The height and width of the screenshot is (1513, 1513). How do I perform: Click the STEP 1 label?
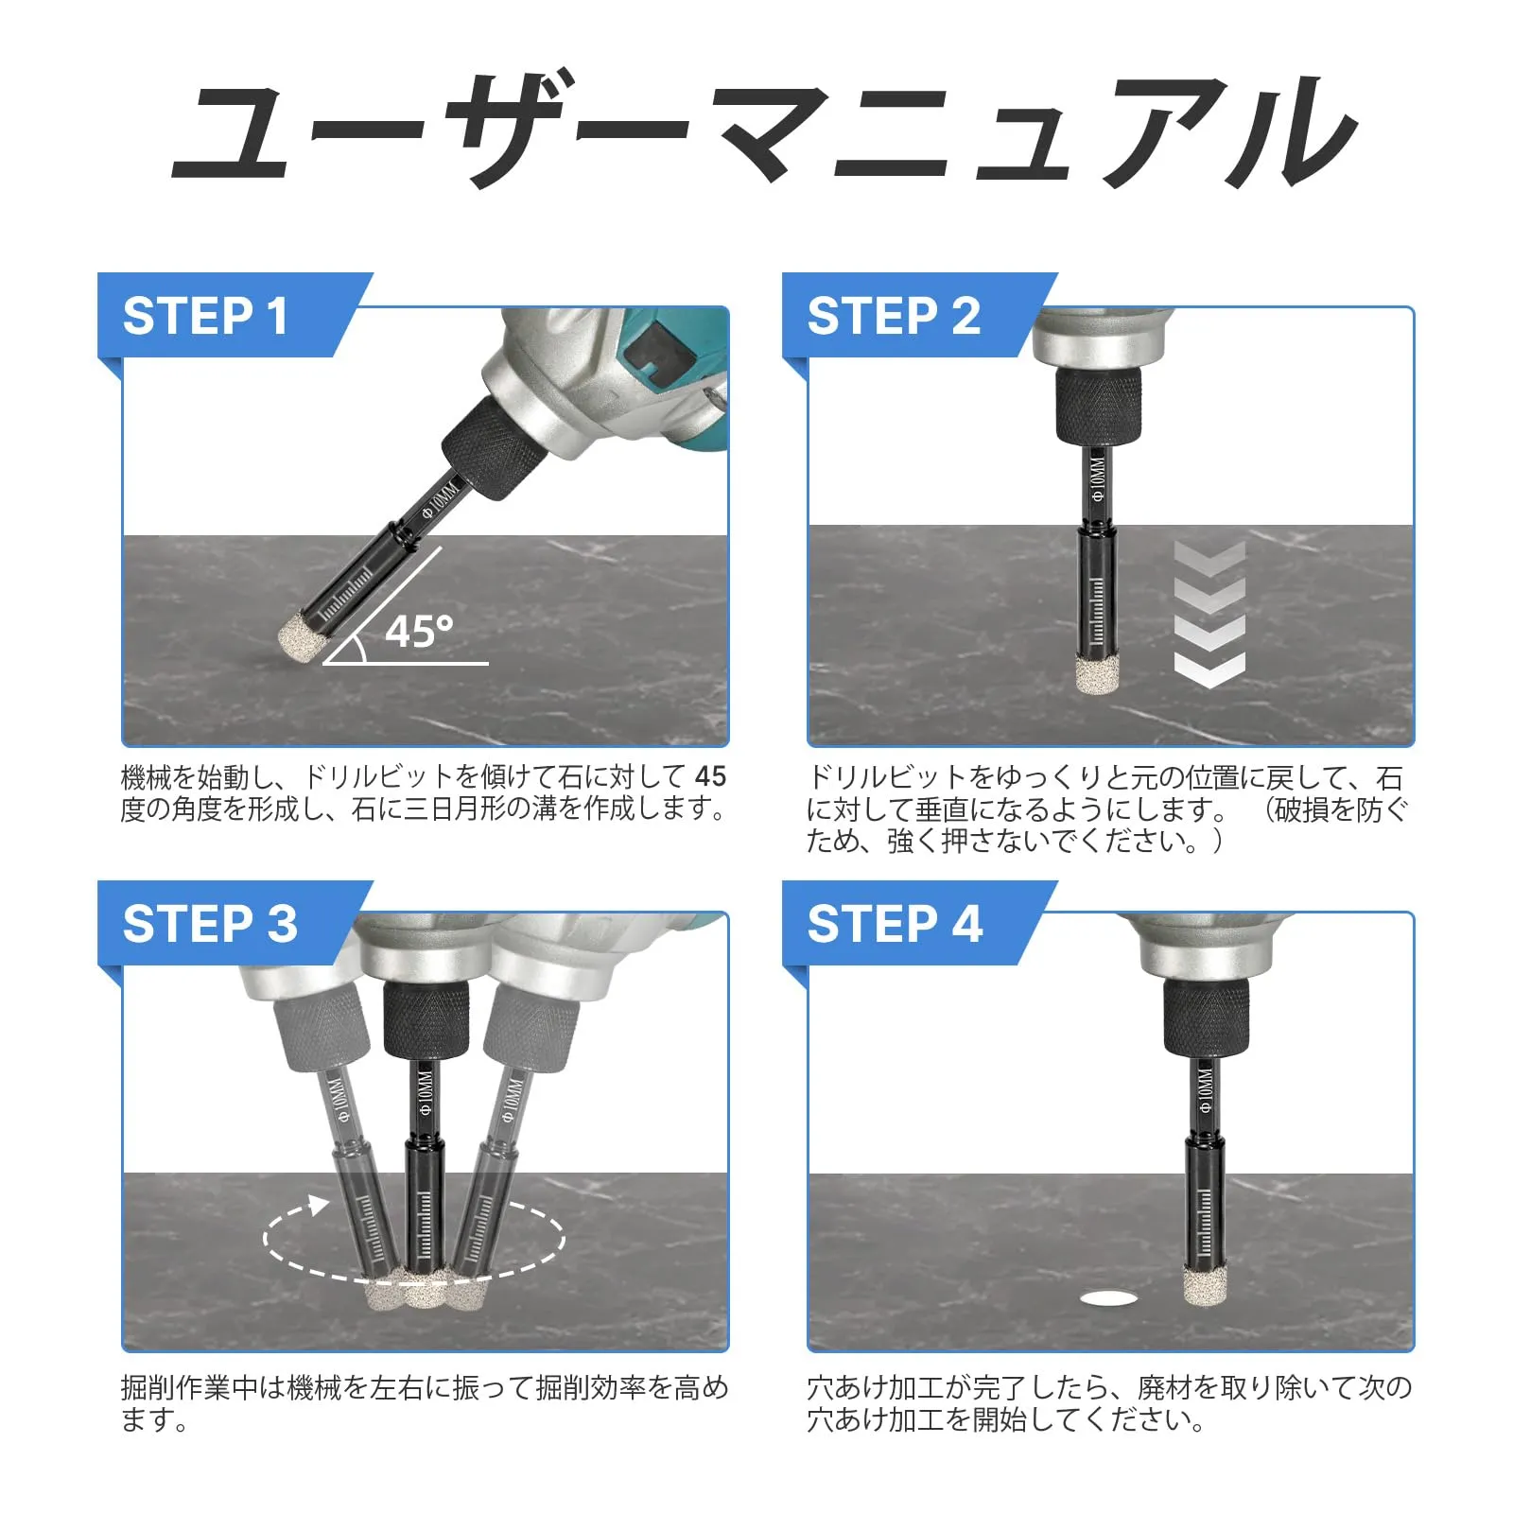coord(205,316)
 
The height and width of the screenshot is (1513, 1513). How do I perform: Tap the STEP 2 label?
coord(894,316)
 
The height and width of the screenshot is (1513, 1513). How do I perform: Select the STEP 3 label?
coord(210,924)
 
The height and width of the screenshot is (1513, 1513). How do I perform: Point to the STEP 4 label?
coord(895,924)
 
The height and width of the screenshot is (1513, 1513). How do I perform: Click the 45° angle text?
coord(419,632)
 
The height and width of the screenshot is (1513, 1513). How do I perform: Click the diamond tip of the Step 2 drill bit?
coord(1096,674)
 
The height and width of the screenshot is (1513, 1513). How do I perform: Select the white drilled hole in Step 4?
coord(1112,1298)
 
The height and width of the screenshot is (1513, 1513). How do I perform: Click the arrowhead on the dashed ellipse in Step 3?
coord(318,1204)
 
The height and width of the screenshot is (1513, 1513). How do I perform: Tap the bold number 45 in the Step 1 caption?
coord(710,776)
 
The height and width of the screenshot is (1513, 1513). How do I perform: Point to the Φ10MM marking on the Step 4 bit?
coord(1205,1090)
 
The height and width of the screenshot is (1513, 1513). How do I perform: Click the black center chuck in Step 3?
coord(426,1019)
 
